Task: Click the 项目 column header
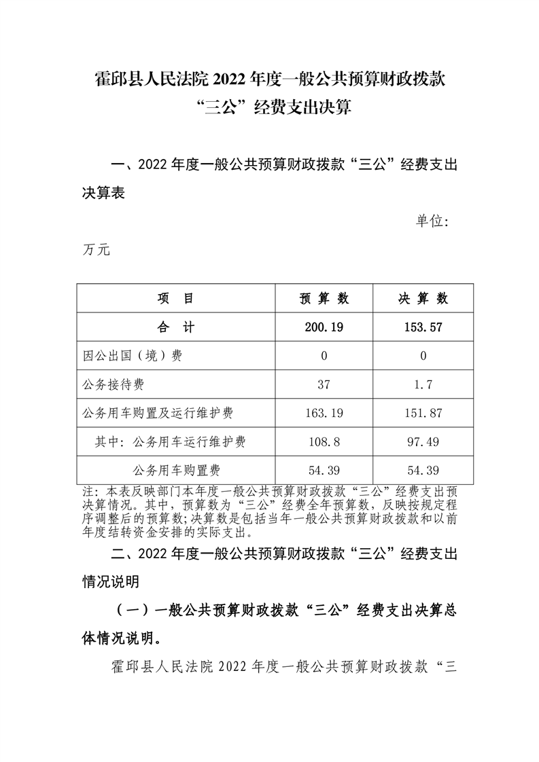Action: pos(175,299)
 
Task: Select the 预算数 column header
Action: pos(324,299)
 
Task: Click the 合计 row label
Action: pos(175,327)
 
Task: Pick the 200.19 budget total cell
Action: pos(324,327)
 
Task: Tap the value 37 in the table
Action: pos(324,385)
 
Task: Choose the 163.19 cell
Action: pos(324,414)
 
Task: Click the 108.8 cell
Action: pos(324,442)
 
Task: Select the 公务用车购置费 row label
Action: pos(175,470)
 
